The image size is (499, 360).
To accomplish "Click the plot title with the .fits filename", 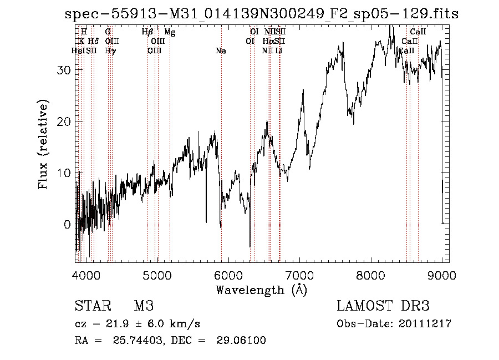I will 262,14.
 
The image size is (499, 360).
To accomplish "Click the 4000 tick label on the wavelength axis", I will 86,275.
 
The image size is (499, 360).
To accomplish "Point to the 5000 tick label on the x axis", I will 157,275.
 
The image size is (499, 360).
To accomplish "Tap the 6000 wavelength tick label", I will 228,275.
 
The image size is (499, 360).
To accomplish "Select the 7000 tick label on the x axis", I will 299,275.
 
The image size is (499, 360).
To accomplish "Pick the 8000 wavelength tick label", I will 370,275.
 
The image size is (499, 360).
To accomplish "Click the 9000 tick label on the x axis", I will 441,275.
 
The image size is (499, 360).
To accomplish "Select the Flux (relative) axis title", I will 44,144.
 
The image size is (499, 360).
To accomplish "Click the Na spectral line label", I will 221,51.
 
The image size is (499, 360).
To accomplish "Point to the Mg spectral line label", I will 170,32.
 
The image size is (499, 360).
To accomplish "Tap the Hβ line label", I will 147,32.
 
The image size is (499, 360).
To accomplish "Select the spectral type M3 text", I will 144,306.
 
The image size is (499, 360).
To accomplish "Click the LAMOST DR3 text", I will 383,306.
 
